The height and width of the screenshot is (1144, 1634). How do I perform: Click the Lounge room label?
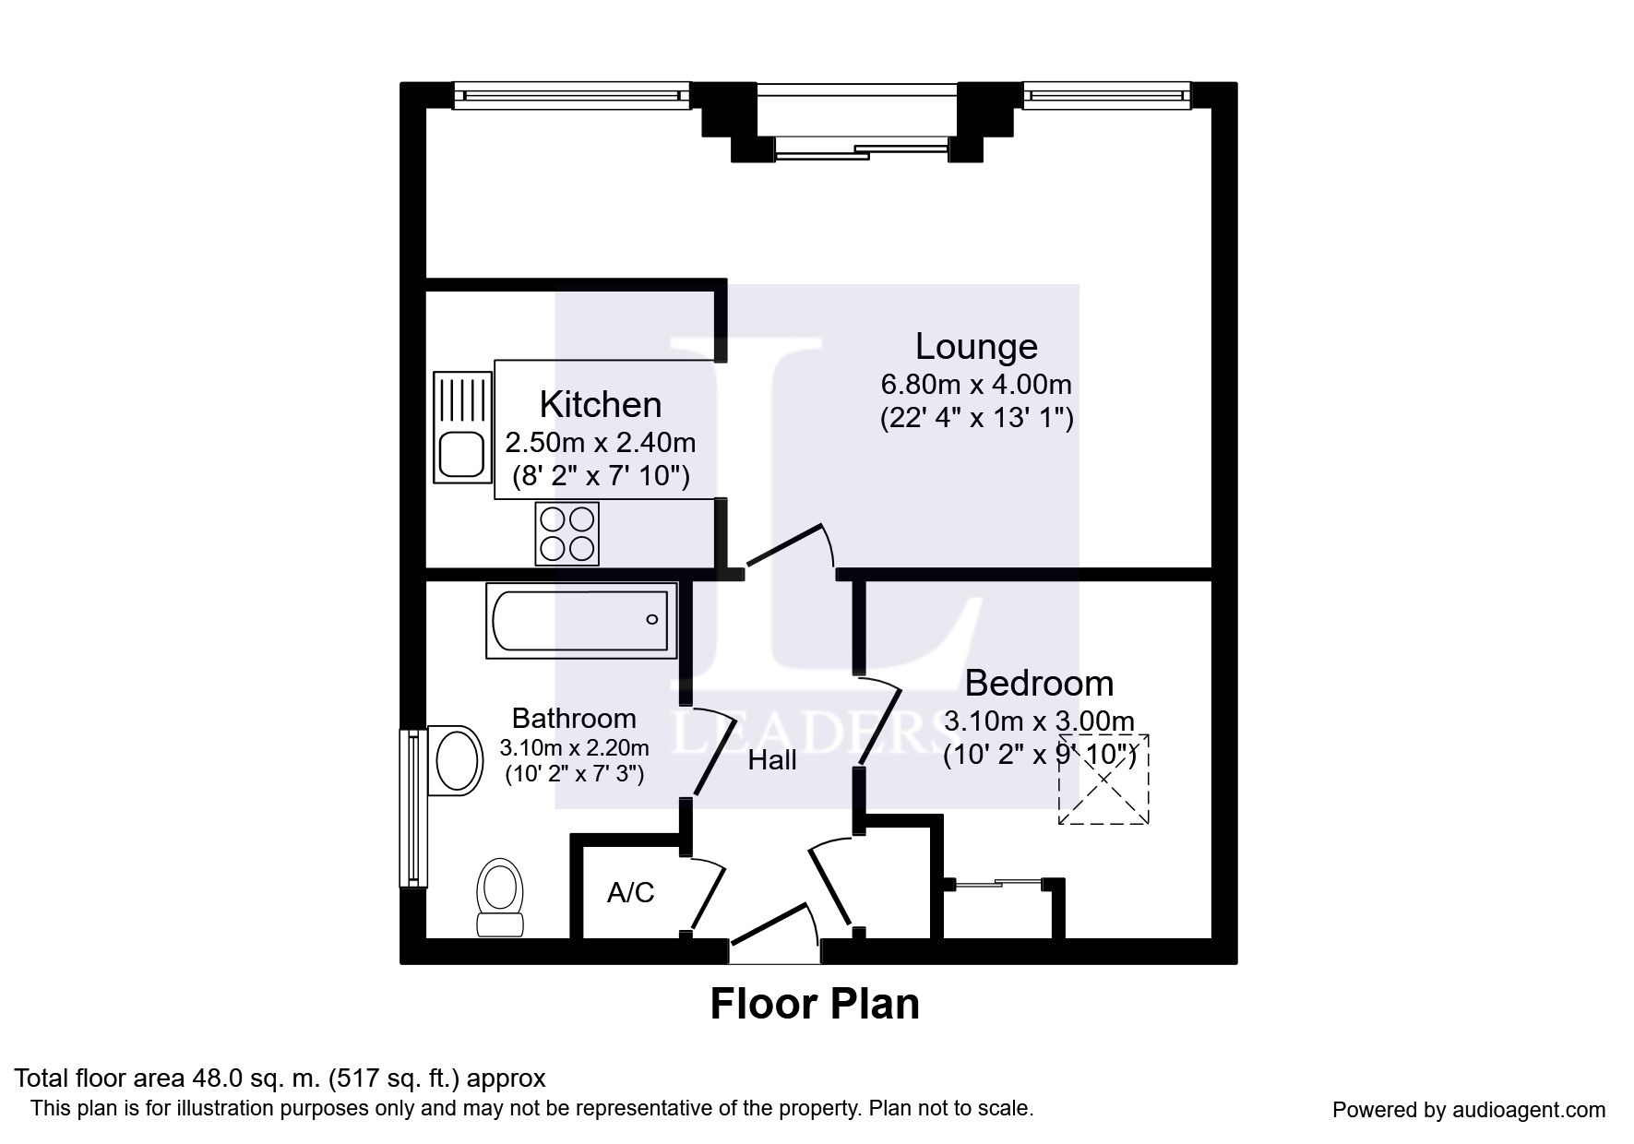pyautogui.click(x=976, y=347)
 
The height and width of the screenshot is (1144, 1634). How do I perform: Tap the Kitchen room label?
pyautogui.click(x=601, y=405)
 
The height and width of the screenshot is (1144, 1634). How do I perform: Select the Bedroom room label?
pyautogui.click(x=1039, y=684)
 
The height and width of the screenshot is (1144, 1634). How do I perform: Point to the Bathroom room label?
pyautogui.click(x=574, y=718)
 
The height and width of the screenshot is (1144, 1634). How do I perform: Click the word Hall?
pyautogui.click(x=772, y=760)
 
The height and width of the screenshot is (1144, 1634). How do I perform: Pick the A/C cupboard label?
pyautogui.click(x=631, y=892)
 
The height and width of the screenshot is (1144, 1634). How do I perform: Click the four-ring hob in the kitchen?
pyautogui.click(x=567, y=534)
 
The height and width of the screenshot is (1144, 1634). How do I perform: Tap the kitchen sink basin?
pyautogui.click(x=461, y=456)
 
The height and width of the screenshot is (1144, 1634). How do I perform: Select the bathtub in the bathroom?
pyautogui.click(x=581, y=620)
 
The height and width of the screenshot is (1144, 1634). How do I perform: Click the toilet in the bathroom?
pyautogui.click(x=499, y=898)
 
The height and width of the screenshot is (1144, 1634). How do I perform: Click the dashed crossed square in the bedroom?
pyautogui.click(x=1103, y=779)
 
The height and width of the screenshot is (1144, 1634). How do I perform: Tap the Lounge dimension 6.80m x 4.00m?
pyautogui.click(x=976, y=384)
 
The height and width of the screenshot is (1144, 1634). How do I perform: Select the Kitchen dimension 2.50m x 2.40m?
pyautogui.click(x=601, y=443)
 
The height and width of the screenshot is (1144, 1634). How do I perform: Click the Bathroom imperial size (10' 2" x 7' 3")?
pyautogui.click(x=574, y=774)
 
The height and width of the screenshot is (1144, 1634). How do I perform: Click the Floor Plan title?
pyautogui.click(x=815, y=1004)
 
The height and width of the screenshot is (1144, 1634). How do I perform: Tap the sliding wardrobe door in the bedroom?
pyautogui.click(x=1000, y=884)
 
